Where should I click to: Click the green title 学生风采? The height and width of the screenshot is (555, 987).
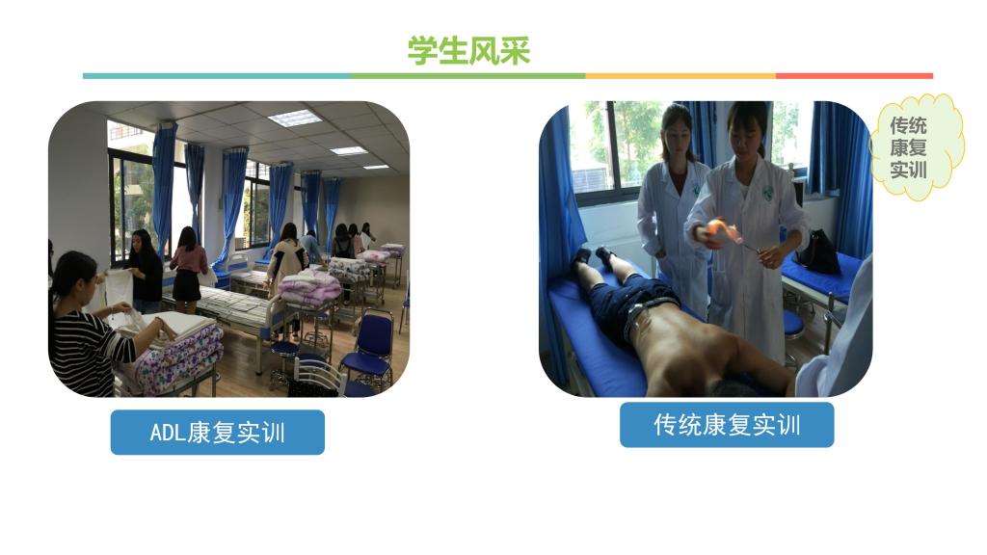[469, 50]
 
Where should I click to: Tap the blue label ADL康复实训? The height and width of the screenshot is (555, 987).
[217, 433]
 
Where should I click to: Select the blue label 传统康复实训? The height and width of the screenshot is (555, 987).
[727, 425]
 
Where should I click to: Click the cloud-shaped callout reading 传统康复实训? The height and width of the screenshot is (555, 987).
[917, 147]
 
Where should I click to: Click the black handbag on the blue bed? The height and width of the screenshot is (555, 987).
[818, 251]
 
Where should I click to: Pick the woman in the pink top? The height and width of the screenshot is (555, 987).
[188, 270]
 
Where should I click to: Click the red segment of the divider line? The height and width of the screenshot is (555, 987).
[854, 76]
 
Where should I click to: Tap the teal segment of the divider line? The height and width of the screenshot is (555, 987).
[216, 76]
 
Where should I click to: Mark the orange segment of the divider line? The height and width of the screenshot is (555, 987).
[680, 76]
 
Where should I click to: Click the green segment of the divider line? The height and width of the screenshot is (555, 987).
[467, 76]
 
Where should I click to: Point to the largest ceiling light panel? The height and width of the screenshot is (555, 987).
[294, 118]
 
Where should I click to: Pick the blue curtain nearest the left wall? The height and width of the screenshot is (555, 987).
[164, 189]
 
